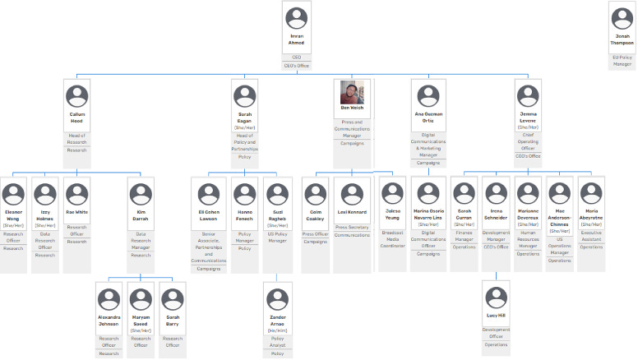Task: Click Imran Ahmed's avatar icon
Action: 296,17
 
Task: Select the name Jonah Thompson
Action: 623,40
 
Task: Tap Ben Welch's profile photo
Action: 352,93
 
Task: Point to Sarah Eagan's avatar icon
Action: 245,96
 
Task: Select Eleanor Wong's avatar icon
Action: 13,195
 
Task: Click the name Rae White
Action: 76,212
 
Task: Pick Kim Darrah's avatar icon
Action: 141,195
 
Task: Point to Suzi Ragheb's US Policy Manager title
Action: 276,237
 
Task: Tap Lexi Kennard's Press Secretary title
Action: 352,228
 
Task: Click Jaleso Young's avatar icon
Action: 392,192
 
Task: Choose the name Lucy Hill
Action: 496,315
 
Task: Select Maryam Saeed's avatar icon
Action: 141,298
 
